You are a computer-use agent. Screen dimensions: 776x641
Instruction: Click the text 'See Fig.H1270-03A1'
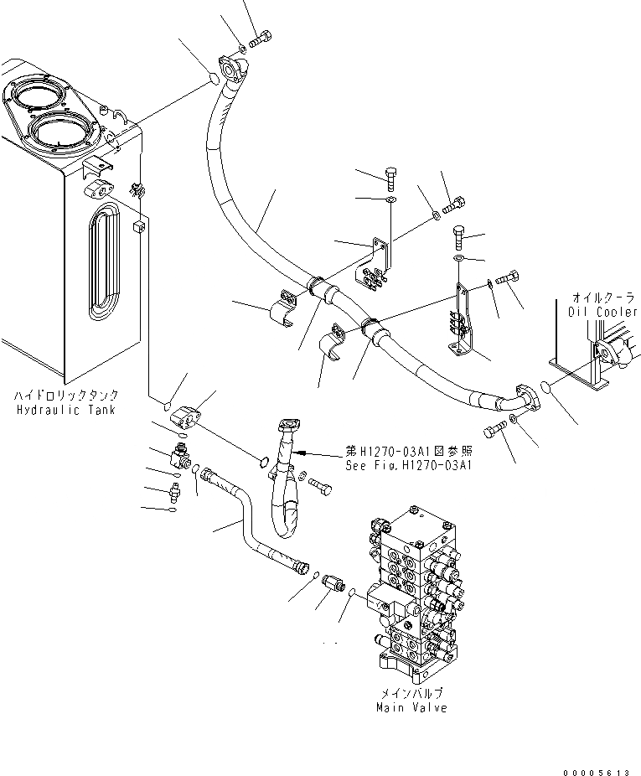point(410,466)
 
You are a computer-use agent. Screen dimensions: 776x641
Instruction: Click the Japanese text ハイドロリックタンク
point(65,396)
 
